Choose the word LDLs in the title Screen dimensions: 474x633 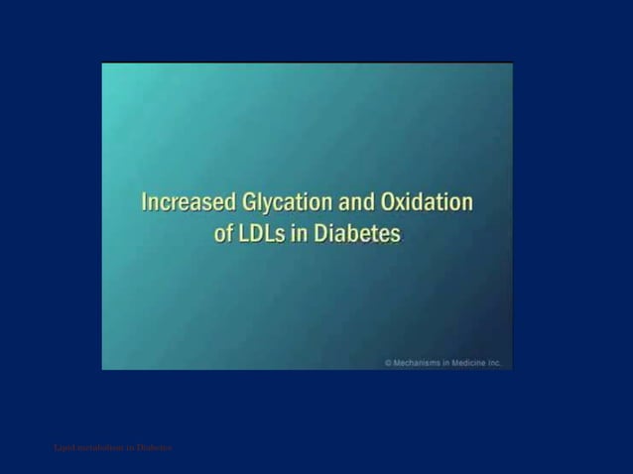point(266,235)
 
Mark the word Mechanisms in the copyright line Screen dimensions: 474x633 point(420,364)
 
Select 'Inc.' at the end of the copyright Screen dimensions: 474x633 point(500,364)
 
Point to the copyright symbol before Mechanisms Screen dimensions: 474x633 point(389,364)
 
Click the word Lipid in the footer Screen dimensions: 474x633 point(63,448)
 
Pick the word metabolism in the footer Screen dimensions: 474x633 point(99,448)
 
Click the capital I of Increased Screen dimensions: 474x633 point(145,203)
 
